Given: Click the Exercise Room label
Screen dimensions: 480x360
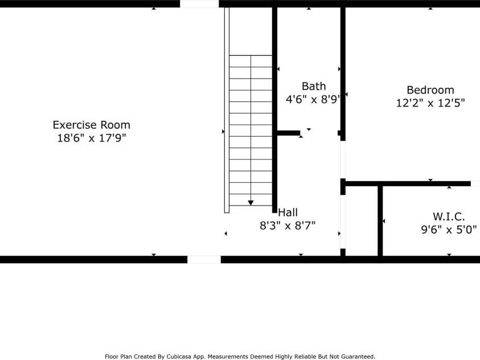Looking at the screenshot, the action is click(x=91, y=125).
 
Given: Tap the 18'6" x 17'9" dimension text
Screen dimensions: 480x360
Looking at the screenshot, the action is click(x=92, y=138).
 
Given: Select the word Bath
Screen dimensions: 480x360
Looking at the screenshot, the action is click(x=314, y=87).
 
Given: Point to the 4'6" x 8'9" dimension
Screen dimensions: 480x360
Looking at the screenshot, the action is click(x=313, y=100).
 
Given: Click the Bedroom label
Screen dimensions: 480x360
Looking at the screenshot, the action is click(x=430, y=90).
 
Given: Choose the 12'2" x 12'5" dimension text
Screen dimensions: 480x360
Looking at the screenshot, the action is click(x=430, y=103).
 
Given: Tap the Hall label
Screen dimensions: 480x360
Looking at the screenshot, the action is click(x=288, y=212).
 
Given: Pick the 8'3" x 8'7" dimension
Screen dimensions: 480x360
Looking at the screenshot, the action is click(x=288, y=226).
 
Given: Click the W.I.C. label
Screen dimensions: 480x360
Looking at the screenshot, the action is click(x=449, y=216).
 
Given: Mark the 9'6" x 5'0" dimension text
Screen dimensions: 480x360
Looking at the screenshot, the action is click(x=449, y=230).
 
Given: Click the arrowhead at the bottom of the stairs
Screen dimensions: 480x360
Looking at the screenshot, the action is click(x=251, y=203).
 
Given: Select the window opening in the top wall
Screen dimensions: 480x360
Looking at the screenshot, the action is click(x=199, y=3).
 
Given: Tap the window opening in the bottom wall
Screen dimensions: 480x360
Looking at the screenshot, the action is click(x=204, y=260).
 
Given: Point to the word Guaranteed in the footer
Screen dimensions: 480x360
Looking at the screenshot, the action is click(x=358, y=357).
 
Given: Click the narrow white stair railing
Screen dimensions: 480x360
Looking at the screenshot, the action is click(x=227, y=110).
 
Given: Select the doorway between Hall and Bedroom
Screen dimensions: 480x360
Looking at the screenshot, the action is click(x=343, y=159).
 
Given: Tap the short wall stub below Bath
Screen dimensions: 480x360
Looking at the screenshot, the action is click(x=288, y=133).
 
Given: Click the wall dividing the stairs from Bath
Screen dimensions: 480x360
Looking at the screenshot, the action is click(x=274, y=110).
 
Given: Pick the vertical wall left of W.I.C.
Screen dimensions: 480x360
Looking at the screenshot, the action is click(x=380, y=221).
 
